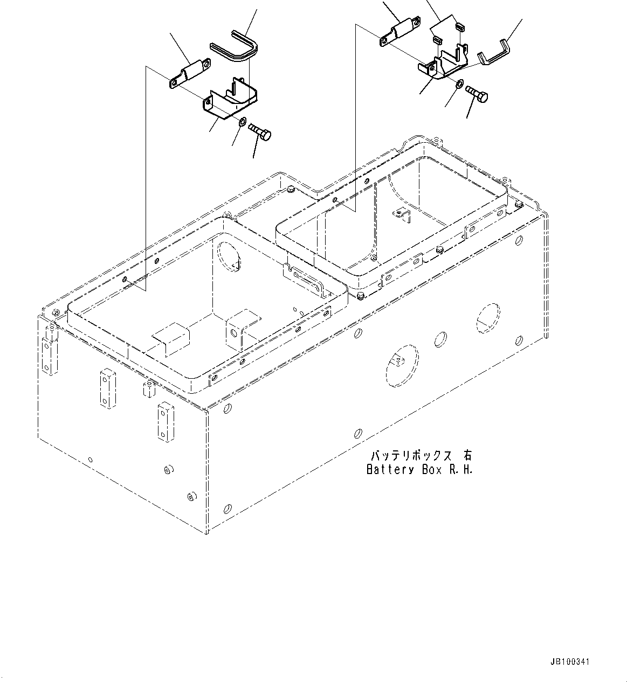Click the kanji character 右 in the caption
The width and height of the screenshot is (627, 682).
pyautogui.click(x=466, y=456)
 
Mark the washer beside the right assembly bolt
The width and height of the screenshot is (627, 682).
pyautogui.click(x=459, y=84)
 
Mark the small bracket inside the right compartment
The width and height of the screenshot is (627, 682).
pyautogui.click(x=401, y=214)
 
